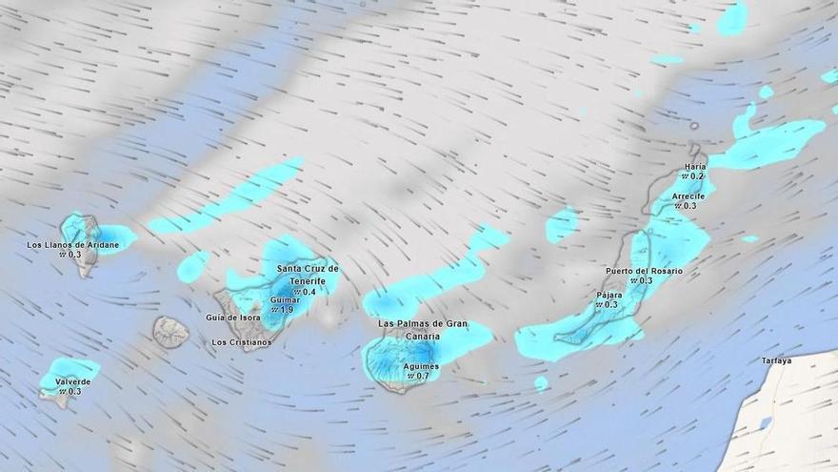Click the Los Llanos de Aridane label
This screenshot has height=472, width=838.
click(x=73, y=245)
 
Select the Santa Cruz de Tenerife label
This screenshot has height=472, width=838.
click(x=308, y=275)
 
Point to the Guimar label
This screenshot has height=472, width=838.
click(x=285, y=299)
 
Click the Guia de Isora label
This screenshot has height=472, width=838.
click(x=233, y=318)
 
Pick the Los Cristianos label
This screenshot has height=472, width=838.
click(x=241, y=342)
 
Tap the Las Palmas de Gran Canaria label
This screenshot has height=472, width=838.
click(x=423, y=329)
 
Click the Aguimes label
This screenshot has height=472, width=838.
click(x=421, y=366)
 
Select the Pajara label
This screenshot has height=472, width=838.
click(x=609, y=295)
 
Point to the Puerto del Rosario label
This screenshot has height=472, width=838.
click(x=644, y=271)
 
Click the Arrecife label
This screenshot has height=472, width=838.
click(x=688, y=196)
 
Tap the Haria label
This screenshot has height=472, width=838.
click(x=695, y=167)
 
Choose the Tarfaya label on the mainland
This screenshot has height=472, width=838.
click(x=777, y=360)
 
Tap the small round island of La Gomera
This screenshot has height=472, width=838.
click(x=171, y=332)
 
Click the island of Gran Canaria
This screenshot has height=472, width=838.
click(x=395, y=362)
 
